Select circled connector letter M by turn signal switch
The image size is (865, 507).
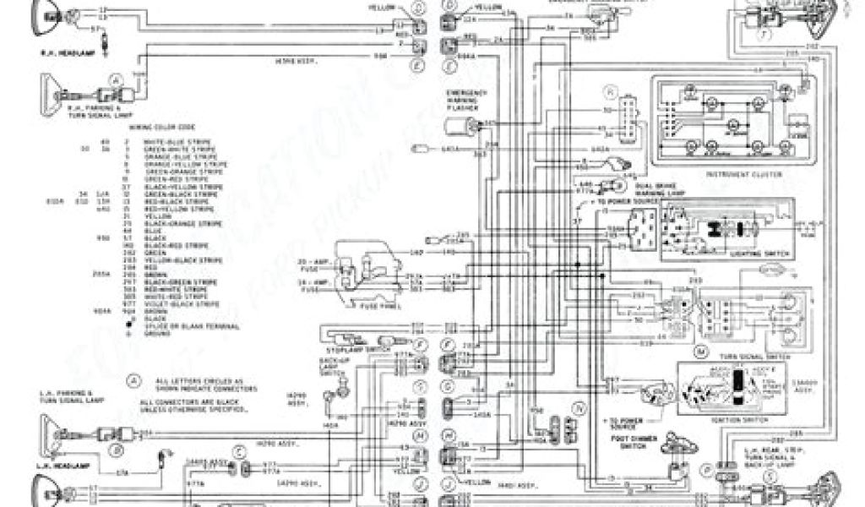699,349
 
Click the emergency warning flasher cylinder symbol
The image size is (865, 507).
463,127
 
